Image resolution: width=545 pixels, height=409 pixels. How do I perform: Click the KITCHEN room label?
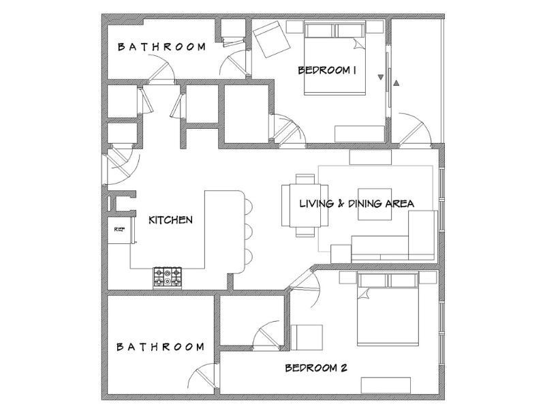(x=170, y=219)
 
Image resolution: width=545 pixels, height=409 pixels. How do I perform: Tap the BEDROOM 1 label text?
(x=327, y=70)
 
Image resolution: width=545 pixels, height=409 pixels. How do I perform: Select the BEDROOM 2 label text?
(x=316, y=368)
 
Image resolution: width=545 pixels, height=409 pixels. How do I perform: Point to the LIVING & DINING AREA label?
(x=356, y=203)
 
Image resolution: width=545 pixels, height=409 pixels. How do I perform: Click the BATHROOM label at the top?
(x=161, y=47)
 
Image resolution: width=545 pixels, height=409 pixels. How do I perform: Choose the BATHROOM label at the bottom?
(x=160, y=347)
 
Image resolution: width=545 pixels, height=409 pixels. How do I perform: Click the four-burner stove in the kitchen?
(x=168, y=277)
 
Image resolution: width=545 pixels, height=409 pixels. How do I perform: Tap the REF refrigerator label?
(x=119, y=229)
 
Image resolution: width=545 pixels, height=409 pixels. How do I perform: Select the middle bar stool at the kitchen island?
(x=248, y=232)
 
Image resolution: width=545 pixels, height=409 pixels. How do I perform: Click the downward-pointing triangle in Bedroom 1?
(x=381, y=77)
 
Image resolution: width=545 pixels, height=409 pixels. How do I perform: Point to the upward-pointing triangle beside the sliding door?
(x=396, y=82)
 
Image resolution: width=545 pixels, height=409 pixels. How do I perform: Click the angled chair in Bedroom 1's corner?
(x=272, y=39)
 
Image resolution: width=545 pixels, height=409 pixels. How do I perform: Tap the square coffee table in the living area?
(x=375, y=204)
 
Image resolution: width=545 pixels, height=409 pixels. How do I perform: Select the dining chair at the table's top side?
(x=305, y=179)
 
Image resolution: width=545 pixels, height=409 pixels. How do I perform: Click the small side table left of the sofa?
(x=341, y=254)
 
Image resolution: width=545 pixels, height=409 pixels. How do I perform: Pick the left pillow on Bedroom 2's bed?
(x=372, y=280)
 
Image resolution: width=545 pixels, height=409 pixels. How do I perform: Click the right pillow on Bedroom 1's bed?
(x=350, y=30)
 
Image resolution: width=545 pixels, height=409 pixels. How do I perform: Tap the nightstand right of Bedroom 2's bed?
(x=428, y=277)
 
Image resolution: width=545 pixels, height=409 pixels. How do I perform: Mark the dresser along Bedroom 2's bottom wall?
(x=386, y=385)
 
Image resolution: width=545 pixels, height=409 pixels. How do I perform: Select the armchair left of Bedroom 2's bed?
(x=307, y=337)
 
